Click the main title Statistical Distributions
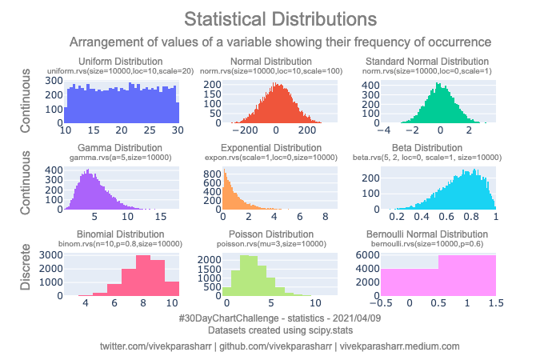coord(279,18)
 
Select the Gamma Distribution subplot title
coord(121,148)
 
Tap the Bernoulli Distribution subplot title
coord(438,234)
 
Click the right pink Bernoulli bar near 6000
coord(466,276)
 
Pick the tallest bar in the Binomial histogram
coord(143,276)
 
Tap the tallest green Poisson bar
coord(249,276)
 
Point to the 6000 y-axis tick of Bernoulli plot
coord(366,254)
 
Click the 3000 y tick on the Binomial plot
coord(52,254)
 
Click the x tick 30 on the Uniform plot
coord(177,130)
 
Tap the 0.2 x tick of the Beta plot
coord(396,217)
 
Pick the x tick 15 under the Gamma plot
coord(159,217)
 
